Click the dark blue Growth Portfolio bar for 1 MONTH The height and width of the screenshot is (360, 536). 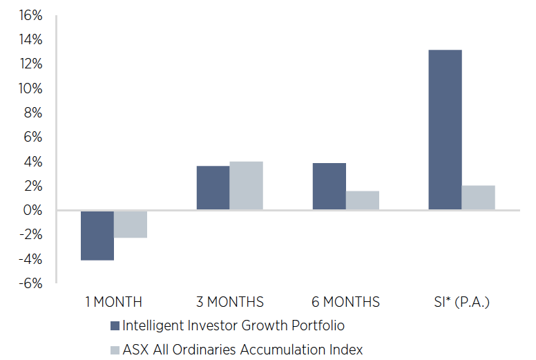(x=97, y=235)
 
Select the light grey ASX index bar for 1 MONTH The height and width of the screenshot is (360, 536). (x=131, y=224)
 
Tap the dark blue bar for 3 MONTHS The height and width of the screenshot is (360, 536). (x=213, y=188)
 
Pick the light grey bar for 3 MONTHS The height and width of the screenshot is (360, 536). (x=246, y=186)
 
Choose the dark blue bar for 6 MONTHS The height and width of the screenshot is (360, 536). (x=329, y=187)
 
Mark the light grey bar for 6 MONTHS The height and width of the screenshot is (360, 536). (x=362, y=200)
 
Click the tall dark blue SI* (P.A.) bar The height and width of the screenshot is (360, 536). (x=445, y=130)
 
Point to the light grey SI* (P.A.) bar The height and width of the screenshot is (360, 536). (x=478, y=198)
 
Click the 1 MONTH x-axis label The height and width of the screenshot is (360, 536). (x=114, y=302)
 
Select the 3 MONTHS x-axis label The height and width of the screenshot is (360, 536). (x=229, y=302)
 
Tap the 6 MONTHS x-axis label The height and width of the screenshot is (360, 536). (x=345, y=302)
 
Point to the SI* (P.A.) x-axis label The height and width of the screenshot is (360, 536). (x=461, y=302)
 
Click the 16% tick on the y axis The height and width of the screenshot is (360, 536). (x=30, y=15)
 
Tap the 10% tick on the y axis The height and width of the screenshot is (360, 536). (x=30, y=89)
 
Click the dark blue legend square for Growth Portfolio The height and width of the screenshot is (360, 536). (x=115, y=325)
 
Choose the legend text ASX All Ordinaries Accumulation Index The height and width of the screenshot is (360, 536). (x=242, y=349)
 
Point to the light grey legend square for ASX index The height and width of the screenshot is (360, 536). (x=115, y=349)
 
